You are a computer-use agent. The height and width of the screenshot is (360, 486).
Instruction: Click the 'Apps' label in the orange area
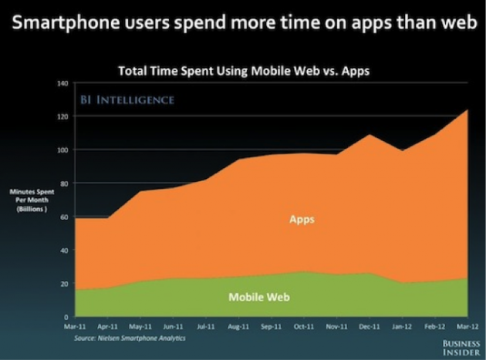point(302,220)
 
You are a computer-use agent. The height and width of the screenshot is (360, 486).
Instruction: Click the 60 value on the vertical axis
point(65,217)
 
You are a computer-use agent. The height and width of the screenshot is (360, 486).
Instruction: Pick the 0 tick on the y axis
point(67,317)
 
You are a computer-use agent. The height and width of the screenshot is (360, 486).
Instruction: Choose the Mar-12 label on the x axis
point(467,327)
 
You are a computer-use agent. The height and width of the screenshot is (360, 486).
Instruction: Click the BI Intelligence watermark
point(127,100)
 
